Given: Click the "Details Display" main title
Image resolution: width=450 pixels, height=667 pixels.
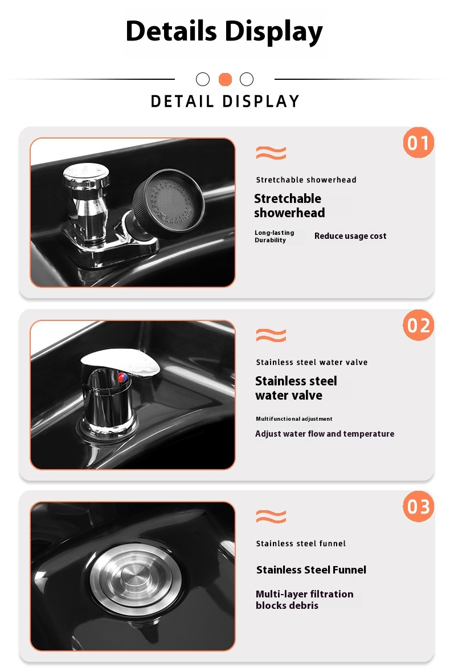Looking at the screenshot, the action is pos(224,31).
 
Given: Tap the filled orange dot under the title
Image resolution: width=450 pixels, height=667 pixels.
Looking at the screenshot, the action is pos(225,79).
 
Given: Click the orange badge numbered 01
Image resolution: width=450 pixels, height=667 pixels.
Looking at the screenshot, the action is pos(419,143).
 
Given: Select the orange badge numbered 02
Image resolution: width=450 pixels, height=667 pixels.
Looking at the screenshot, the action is pos(419,325).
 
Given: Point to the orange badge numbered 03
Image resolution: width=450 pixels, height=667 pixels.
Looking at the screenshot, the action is pos(419,506).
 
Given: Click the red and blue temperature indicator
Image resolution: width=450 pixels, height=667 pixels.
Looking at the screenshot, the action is pos(122,377).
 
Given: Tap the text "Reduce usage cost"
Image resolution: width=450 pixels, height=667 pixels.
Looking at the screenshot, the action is pos(350,236).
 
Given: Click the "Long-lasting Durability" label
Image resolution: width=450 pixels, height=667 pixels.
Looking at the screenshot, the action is pos(275,237).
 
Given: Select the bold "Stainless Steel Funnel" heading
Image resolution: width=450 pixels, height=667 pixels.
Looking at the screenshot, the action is pos(311,570).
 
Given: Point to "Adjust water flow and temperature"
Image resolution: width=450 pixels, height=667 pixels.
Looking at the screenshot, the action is pos(325,434).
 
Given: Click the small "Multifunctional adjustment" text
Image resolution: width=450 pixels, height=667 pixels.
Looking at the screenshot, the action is pos(294,419).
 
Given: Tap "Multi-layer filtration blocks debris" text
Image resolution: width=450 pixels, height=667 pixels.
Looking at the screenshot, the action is pos(305,600).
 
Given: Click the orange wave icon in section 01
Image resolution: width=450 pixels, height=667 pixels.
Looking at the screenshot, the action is pos(271,153).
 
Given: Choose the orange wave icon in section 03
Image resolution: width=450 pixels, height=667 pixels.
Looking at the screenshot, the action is pos(271,516).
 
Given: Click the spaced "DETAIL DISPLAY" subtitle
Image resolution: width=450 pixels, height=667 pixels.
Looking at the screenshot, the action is pos(225,101).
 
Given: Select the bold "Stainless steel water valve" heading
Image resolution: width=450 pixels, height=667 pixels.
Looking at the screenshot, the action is pos(296,388).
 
